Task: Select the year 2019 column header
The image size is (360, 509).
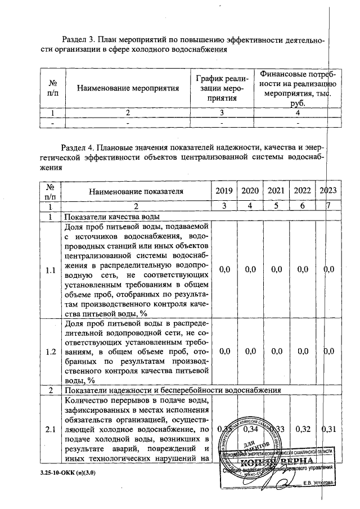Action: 224,191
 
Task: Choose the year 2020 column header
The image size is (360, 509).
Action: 250,191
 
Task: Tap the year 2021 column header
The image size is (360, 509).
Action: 276,191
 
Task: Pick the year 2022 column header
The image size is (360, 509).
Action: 303,191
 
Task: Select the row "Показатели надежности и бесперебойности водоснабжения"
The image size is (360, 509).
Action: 173,390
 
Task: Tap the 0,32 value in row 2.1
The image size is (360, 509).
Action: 303,430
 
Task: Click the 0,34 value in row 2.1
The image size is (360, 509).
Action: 250,430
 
